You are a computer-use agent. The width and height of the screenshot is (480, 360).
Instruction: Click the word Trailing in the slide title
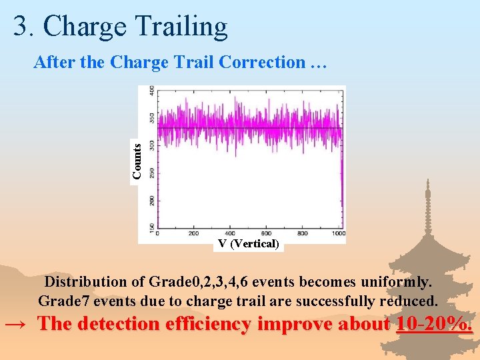[181, 27]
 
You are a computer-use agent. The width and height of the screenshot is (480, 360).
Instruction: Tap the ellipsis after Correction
[317, 63]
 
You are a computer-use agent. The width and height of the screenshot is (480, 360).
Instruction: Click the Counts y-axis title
[137, 161]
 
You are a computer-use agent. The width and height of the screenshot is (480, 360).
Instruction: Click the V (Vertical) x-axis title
[249, 244]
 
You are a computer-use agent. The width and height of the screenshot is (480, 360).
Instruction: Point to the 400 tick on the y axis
[153, 90]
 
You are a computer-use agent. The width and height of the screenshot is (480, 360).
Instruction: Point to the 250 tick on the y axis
[153, 173]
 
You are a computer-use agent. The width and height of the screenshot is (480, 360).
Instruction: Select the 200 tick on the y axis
[153, 200]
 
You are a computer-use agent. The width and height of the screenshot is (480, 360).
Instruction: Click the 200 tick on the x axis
[193, 233]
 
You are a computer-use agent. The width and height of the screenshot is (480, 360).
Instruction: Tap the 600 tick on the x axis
[266, 233]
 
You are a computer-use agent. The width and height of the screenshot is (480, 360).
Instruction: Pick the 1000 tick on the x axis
[338, 233]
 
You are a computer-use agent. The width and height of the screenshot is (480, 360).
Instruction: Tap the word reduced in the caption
[409, 300]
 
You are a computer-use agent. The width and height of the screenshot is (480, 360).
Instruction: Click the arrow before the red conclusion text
[16, 325]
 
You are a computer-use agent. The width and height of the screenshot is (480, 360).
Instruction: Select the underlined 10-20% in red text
[434, 325]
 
